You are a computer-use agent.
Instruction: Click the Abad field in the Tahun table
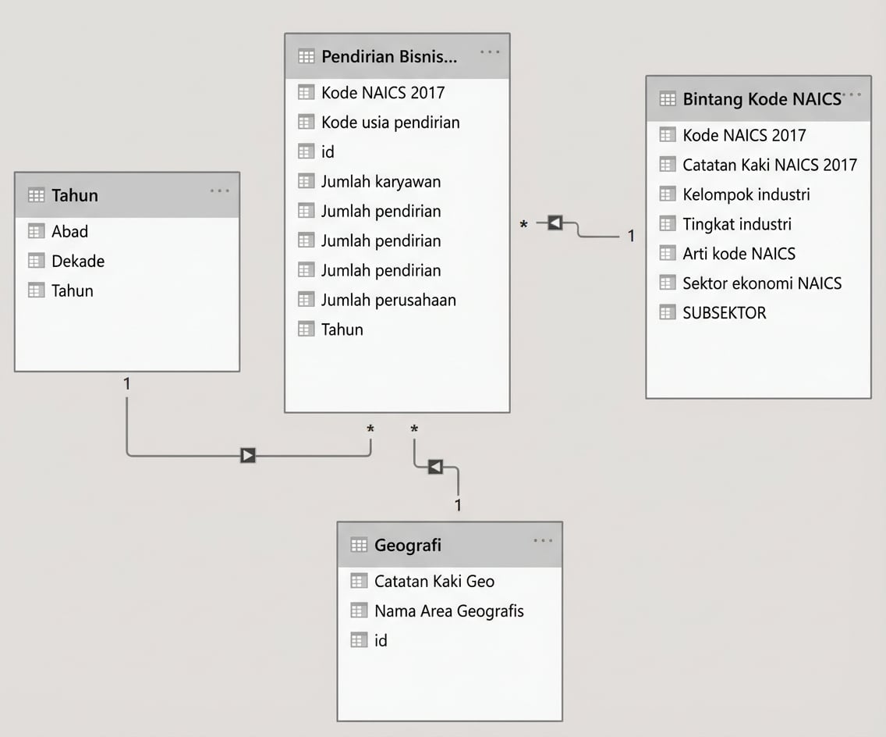69,231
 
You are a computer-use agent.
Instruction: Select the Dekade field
77,261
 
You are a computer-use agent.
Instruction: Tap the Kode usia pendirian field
390,122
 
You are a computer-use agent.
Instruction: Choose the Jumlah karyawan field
381,181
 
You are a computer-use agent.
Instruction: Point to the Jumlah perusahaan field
388,300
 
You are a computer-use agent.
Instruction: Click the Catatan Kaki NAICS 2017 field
769,165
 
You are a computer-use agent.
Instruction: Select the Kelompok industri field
746,194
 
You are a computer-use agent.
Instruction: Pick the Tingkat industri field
736,224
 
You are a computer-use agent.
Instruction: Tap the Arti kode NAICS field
739,254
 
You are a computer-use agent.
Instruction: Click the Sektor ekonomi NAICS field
762,283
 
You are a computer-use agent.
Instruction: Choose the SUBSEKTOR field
724,313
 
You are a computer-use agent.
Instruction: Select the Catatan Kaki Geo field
434,581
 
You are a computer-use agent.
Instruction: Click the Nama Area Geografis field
448,611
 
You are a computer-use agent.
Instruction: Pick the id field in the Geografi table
381,640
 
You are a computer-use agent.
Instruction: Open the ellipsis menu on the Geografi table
543,541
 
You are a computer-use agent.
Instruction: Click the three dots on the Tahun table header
220,191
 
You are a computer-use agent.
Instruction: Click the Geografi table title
407,545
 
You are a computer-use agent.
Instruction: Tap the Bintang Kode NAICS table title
760,98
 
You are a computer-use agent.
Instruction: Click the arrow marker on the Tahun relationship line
248,455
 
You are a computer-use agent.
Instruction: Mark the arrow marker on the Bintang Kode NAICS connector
555,223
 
